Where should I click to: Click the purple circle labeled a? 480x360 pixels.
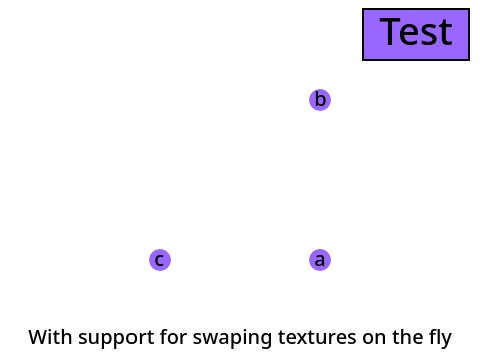(x=320, y=260)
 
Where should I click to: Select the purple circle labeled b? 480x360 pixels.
(x=320, y=100)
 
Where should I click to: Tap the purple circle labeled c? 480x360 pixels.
(x=159, y=260)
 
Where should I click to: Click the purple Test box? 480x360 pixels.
(x=416, y=35)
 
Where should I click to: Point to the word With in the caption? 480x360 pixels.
(x=50, y=337)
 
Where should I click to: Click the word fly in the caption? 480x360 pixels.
(x=440, y=337)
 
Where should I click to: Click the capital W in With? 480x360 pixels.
(x=38, y=337)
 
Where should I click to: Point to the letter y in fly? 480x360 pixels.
(x=447, y=339)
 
